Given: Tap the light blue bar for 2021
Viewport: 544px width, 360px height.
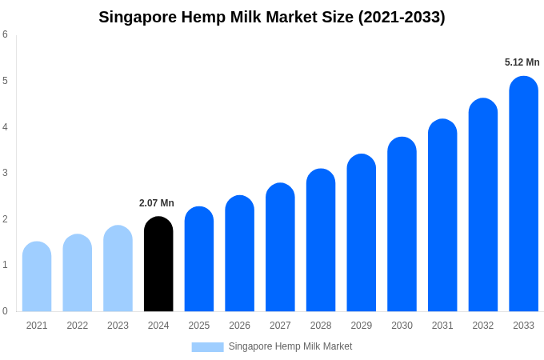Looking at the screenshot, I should (x=37, y=277).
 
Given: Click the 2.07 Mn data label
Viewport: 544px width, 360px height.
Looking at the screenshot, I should (x=157, y=203).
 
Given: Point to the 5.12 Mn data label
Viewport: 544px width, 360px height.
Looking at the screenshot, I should (x=522, y=62).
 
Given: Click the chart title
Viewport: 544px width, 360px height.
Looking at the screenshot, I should (x=272, y=17).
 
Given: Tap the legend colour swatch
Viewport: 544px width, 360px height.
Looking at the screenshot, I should (x=207, y=346).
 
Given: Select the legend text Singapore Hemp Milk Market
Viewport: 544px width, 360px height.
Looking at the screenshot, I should (x=290, y=346).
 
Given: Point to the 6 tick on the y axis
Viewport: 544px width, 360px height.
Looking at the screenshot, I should (x=5, y=34).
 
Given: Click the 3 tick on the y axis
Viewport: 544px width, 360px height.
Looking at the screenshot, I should (x=5, y=173).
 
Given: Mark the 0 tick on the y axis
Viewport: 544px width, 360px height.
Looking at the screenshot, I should (x=5, y=311).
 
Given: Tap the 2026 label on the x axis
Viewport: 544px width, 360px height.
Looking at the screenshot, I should (x=239, y=326).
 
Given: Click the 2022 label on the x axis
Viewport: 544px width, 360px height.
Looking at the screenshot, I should (x=78, y=326).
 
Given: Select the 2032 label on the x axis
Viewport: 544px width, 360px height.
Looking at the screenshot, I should (x=482, y=326).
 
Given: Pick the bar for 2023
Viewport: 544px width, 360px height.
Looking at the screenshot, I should (x=118, y=269).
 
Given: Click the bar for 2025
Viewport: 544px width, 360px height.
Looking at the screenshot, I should (x=199, y=259).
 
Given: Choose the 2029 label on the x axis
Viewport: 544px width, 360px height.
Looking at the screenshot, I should (x=361, y=326).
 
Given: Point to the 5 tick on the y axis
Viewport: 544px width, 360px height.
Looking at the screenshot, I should (x=5, y=81).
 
